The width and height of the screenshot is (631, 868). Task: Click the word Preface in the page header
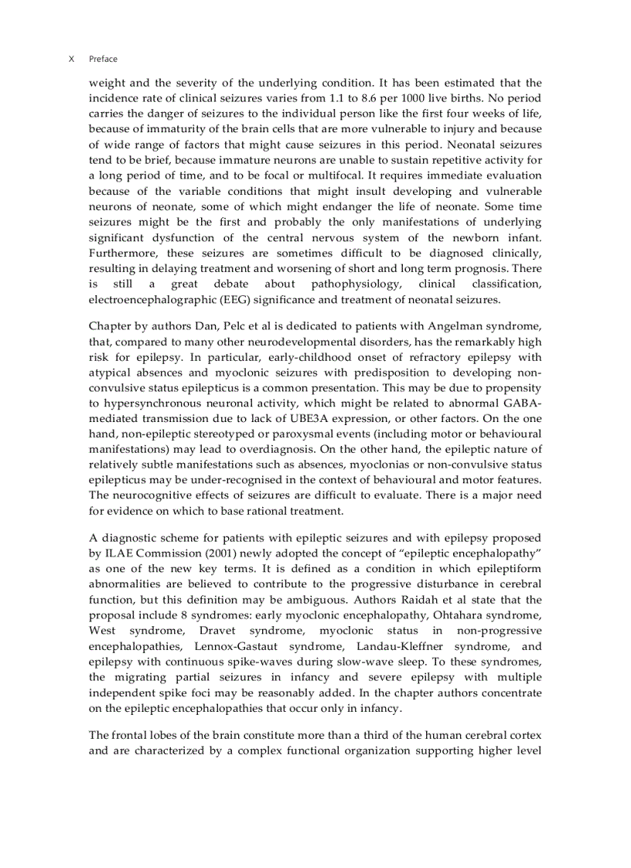pos(103,59)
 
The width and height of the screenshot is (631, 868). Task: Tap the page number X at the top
pos(72,59)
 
